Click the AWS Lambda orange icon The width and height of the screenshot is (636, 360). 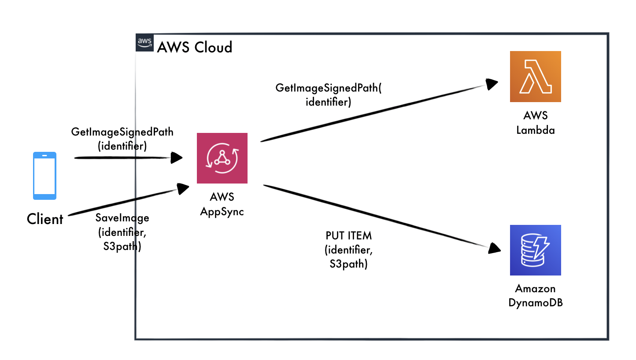(x=535, y=77)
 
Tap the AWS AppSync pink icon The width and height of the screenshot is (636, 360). (x=222, y=158)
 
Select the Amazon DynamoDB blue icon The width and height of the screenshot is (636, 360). (x=535, y=250)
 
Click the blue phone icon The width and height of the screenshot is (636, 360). (x=44, y=176)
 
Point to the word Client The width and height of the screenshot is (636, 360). (x=45, y=219)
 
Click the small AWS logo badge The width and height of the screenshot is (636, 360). (x=144, y=43)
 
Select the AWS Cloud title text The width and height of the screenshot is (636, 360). (x=195, y=47)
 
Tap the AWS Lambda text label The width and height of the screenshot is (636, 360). (x=535, y=122)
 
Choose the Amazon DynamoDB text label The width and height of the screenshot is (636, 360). (x=535, y=296)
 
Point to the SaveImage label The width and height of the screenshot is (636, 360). (x=122, y=217)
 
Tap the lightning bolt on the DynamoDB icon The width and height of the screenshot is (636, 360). (x=543, y=248)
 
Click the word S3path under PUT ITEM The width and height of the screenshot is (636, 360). (x=348, y=264)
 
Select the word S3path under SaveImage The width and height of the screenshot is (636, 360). (x=122, y=246)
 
